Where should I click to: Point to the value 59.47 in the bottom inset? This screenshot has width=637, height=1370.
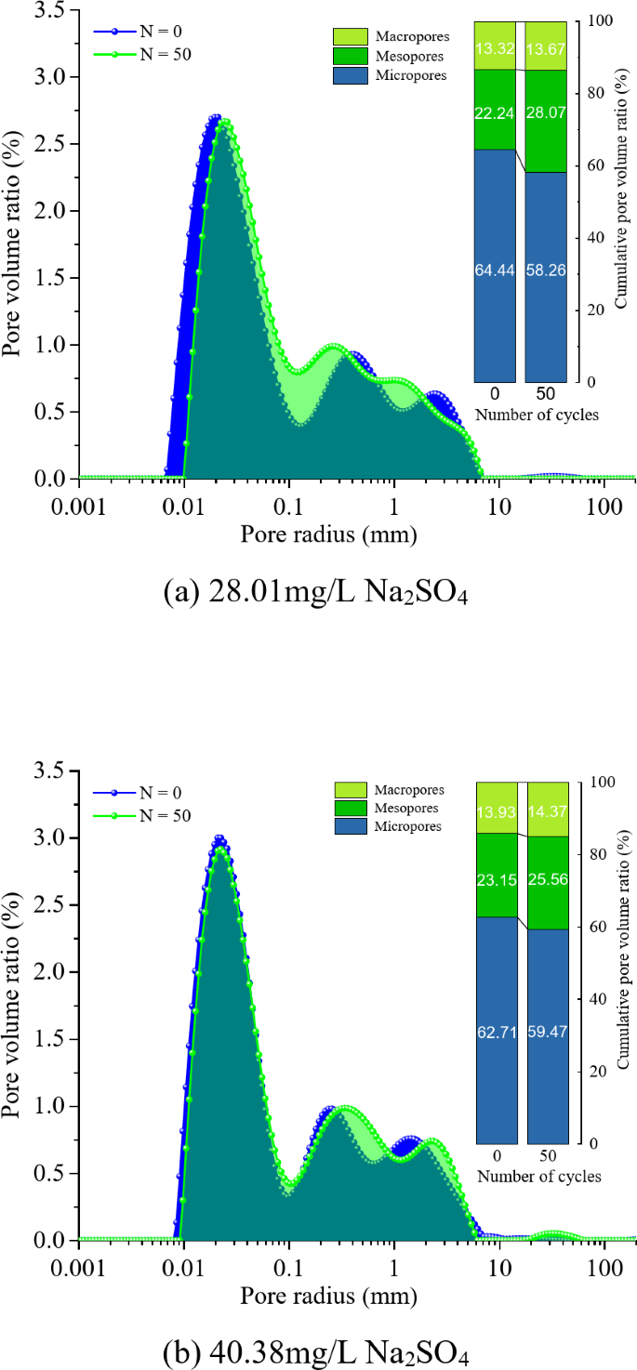pyautogui.click(x=548, y=1031)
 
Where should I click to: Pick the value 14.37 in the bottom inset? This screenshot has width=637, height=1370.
pyautogui.click(x=548, y=810)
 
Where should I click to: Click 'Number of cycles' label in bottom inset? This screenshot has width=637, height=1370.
pyautogui.click(x=538, y=1176)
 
